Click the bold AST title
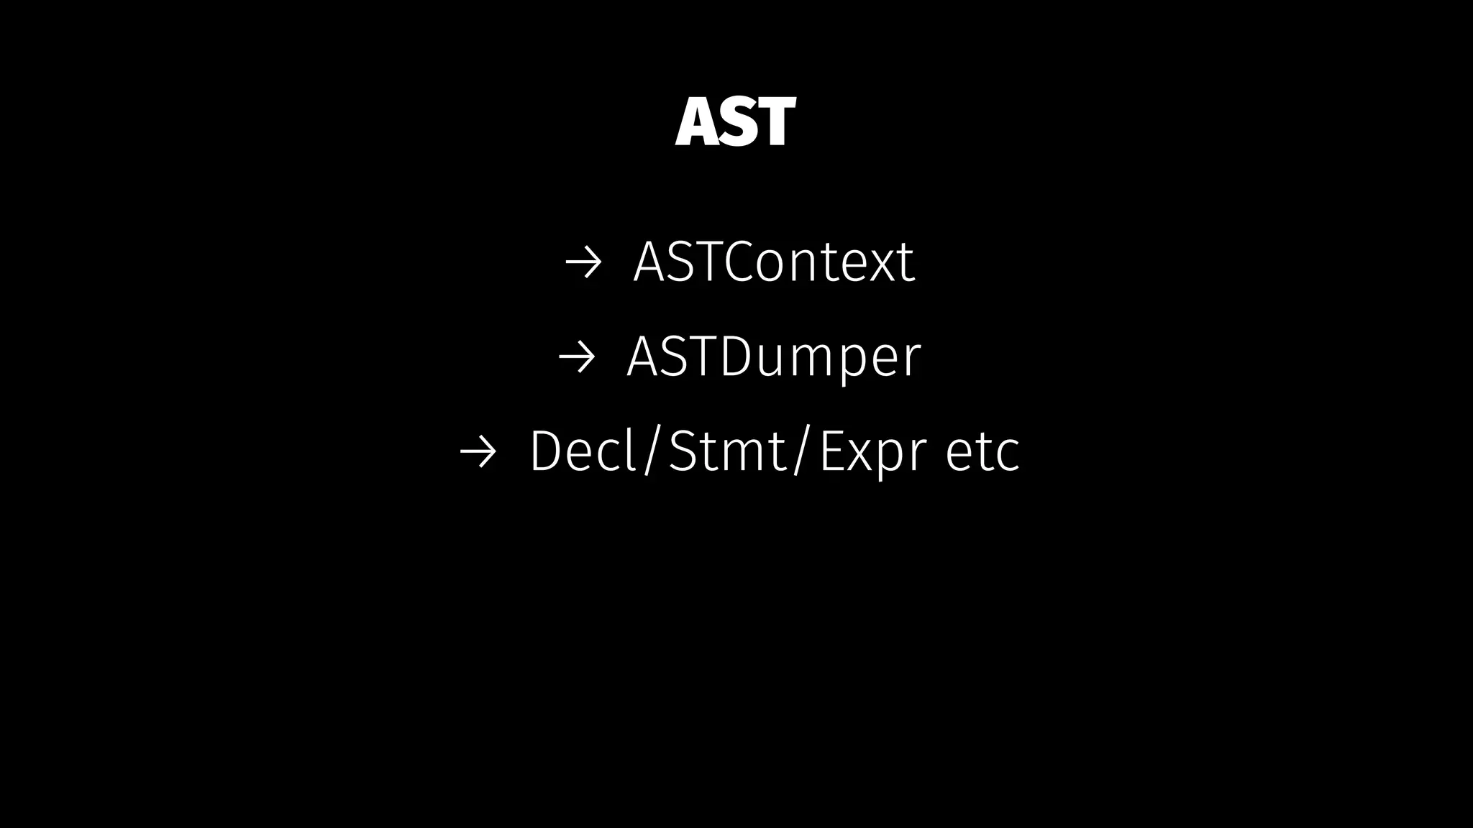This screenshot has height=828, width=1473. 735,122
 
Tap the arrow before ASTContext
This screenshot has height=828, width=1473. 583,263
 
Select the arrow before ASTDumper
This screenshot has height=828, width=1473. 577,357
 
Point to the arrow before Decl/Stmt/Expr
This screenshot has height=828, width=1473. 478,452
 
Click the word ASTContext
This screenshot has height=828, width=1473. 773,262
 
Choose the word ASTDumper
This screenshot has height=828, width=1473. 773,356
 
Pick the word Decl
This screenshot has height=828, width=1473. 583,451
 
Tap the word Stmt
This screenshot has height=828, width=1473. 728,451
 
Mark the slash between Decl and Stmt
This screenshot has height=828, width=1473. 651,451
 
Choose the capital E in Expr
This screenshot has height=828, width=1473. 832,451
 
